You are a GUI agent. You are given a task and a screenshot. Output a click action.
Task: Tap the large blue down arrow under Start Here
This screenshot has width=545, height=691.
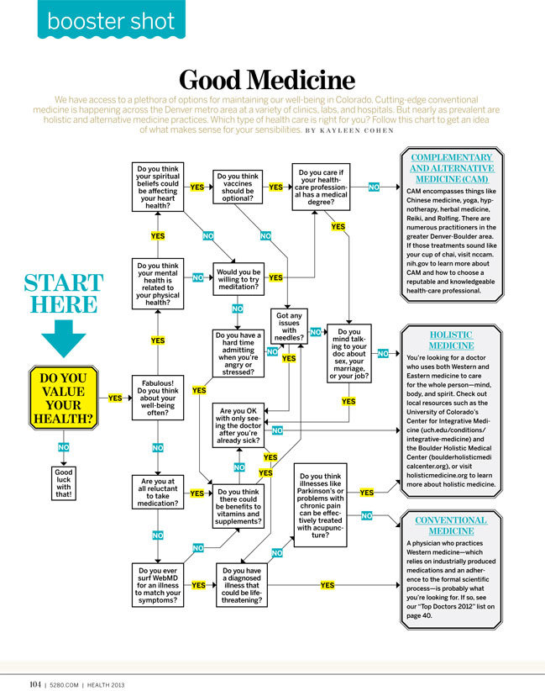click(63, 336)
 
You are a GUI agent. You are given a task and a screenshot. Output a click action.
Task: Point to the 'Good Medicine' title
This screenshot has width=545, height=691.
click(266, 81)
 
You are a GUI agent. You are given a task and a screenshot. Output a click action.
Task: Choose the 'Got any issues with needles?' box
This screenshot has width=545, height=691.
click(289, 327)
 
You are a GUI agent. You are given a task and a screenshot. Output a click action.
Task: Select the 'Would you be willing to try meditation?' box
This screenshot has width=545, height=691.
click(238, 278)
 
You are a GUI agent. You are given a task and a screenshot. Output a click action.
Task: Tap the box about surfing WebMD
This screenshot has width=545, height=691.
click(158, 585)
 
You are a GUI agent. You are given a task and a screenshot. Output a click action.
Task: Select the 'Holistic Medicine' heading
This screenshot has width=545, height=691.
click(450, 340)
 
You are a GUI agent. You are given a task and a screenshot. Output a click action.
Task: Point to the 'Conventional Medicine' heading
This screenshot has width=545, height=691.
click(450, 525)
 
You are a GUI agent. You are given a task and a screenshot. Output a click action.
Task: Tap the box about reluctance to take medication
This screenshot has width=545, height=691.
click(158, 493)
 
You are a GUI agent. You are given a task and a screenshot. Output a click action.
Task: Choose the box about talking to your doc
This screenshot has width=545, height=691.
click(348, 353)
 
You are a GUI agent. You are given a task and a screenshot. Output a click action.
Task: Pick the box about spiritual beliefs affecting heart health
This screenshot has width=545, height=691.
click(158, 187)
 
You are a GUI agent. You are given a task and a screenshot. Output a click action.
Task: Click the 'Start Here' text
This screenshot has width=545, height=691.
click(63, 293)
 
